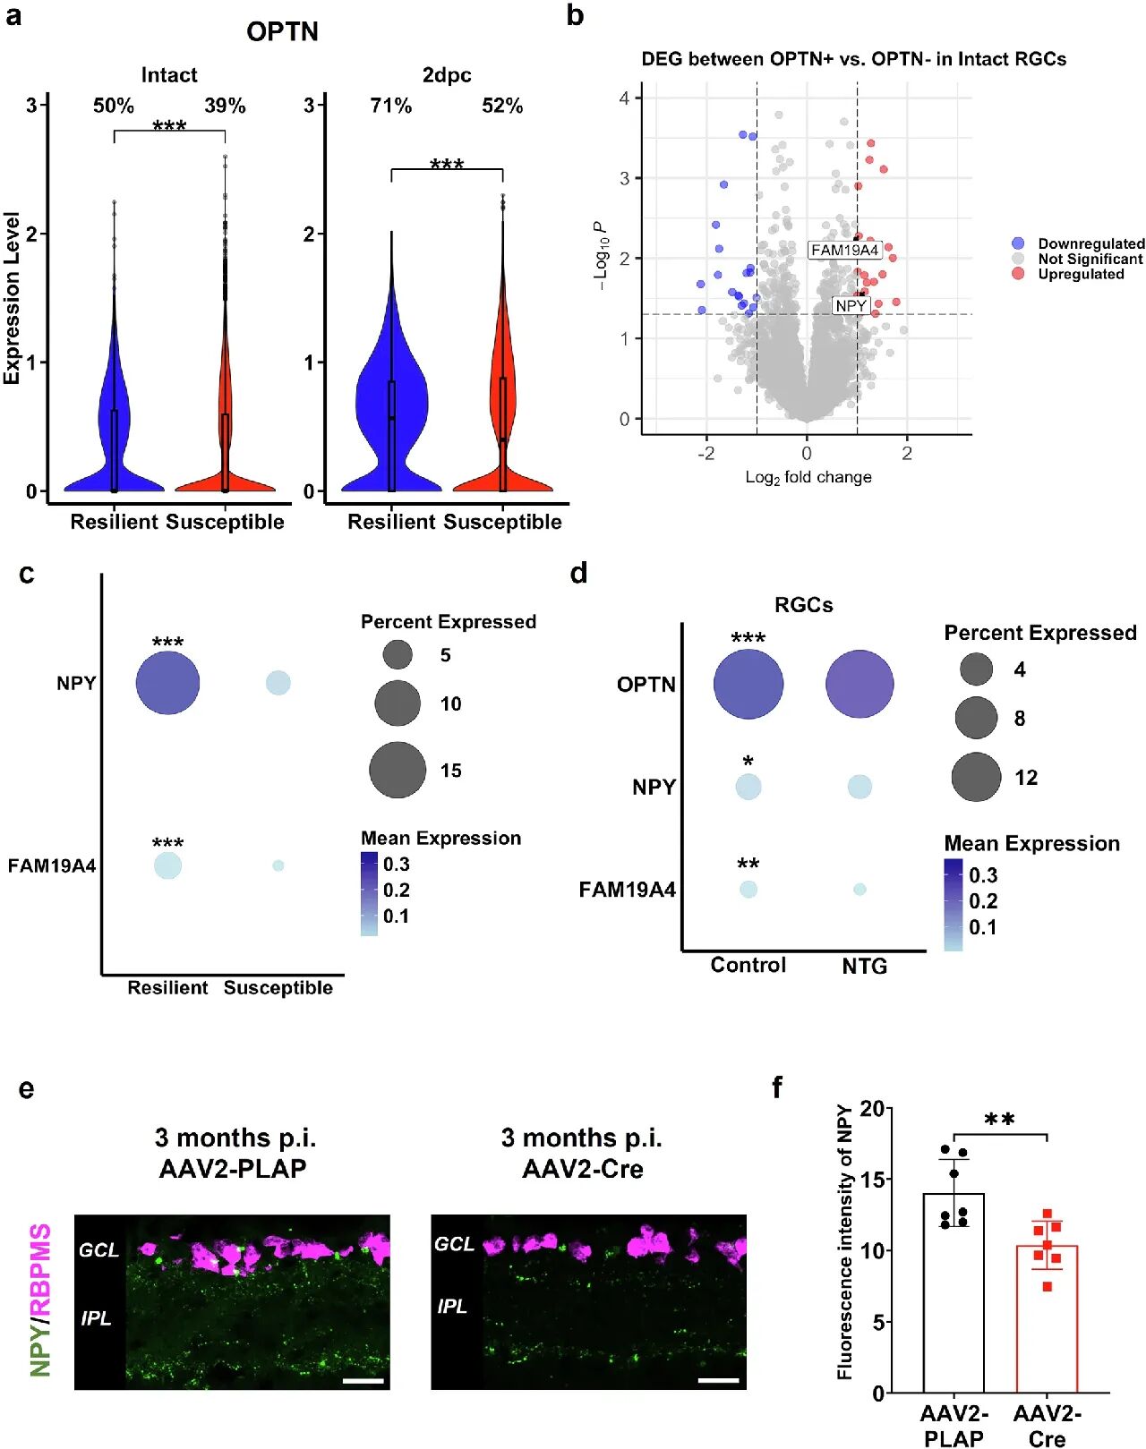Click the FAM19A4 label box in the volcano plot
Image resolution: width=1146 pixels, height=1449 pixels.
coord(844,250)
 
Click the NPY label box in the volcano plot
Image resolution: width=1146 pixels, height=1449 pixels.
coord(851,306)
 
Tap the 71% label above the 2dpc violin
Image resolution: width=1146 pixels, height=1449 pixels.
coord(391,106)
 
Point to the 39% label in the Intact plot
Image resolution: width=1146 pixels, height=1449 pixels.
coord(225,106)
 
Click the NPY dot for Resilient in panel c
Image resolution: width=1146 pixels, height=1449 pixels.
coord(167,683)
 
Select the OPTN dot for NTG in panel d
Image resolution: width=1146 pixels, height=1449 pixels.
coord(859,685)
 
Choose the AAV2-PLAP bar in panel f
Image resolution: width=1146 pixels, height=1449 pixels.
coord(954,1292)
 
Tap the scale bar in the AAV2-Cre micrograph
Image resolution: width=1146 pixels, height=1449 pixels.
coord(719,1380)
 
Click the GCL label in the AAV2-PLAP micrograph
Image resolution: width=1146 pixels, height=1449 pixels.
coord(98,1249)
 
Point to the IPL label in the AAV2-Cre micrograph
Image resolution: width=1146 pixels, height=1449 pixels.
coord(453,1307)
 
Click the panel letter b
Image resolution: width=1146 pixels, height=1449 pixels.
coord(576,15)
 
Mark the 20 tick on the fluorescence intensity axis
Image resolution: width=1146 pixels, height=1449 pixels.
coord(872,1109)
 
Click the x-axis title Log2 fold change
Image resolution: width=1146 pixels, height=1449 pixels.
coord(808,477)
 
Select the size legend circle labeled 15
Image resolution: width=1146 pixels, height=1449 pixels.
coord(398,770)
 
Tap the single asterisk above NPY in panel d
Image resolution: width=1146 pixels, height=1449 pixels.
coord(748,762)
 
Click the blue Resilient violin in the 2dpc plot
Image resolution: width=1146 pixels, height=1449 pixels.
coord(391,403)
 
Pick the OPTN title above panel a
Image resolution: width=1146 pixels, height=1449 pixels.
coord(282,31)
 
